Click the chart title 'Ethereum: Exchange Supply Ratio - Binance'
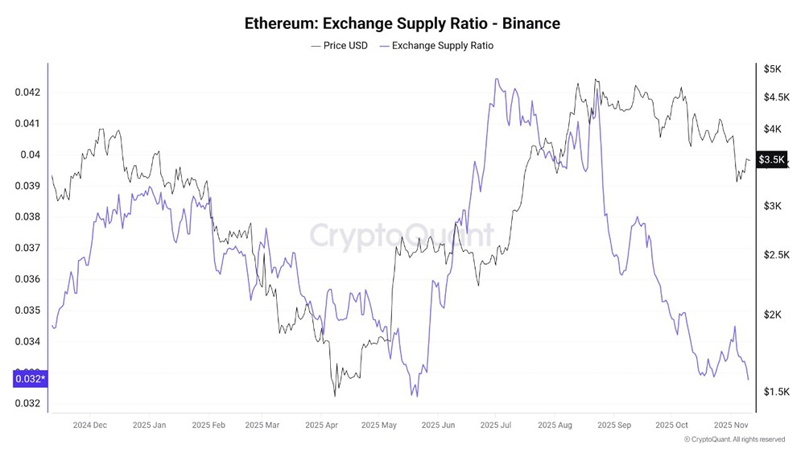tap(402, 23)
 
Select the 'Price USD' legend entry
tap(339, 46)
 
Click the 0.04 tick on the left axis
tap(30, 154)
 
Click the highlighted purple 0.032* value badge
tap(31, 378)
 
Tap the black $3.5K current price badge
tap(771, 160)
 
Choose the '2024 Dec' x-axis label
tap(89, 425)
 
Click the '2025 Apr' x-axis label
tap(320, 425)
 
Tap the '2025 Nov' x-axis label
tap(728, 425)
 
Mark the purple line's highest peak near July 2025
tap(497, 79)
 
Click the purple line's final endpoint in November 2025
tap(748, 380)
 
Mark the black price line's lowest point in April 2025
tap(334, 396)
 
